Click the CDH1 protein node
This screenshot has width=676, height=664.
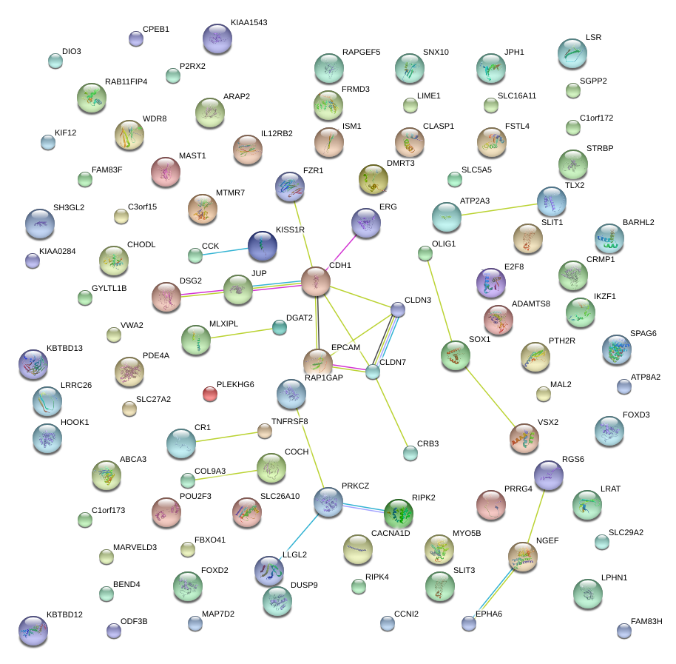316,282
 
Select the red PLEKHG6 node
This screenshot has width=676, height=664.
210,394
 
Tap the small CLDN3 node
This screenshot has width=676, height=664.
398,309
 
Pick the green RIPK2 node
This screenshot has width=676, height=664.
399,512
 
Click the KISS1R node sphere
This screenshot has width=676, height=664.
262,246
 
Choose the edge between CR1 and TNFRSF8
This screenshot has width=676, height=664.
226,437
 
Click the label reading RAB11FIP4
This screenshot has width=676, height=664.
126,81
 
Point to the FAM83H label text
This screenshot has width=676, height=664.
646,621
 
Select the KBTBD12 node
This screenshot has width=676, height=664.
33,630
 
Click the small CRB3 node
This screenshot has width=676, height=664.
410,453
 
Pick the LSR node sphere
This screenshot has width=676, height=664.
572,53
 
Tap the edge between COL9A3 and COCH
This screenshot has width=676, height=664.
226,474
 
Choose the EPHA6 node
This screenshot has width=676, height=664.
468,623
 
